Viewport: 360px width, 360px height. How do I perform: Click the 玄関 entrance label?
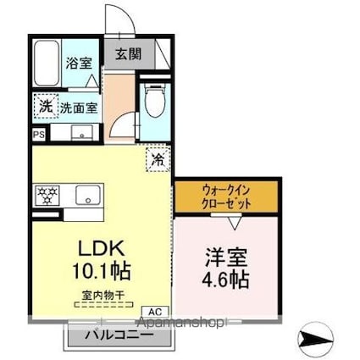click(x=128, y=53)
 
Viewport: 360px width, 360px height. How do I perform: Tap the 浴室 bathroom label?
click(x=79, y=63)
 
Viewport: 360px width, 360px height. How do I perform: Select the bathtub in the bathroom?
click(x=47, y=63)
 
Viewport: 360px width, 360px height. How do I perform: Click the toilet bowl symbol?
click(x=154, y=100)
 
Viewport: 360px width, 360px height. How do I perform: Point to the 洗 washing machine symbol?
click(x=46, y=106)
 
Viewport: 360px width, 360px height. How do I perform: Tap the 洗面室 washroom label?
click(x=79, y=108)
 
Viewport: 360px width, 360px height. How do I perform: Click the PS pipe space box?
click(x=39, y=135)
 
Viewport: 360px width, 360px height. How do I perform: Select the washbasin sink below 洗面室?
click(x=81, y=132)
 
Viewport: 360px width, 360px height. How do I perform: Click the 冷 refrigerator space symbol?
click(x=158, y=159)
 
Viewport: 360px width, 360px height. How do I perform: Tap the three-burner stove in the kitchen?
click(x=47, y=195)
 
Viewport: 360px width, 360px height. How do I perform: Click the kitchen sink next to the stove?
click(x=87, y=195)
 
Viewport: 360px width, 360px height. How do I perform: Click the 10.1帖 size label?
click(x=101, y=270)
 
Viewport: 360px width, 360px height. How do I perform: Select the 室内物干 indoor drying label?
click(x=103, y=296)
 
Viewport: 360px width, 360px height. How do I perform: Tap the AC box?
click(x=155, y=312)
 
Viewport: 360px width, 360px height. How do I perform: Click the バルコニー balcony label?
click(x=119, y=335)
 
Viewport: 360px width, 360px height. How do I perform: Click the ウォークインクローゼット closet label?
click(x=226, y=197)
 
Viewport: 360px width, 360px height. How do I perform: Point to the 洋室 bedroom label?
click(x=226, y=258)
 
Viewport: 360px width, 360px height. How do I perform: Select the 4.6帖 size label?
click(x=225, y=279)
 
